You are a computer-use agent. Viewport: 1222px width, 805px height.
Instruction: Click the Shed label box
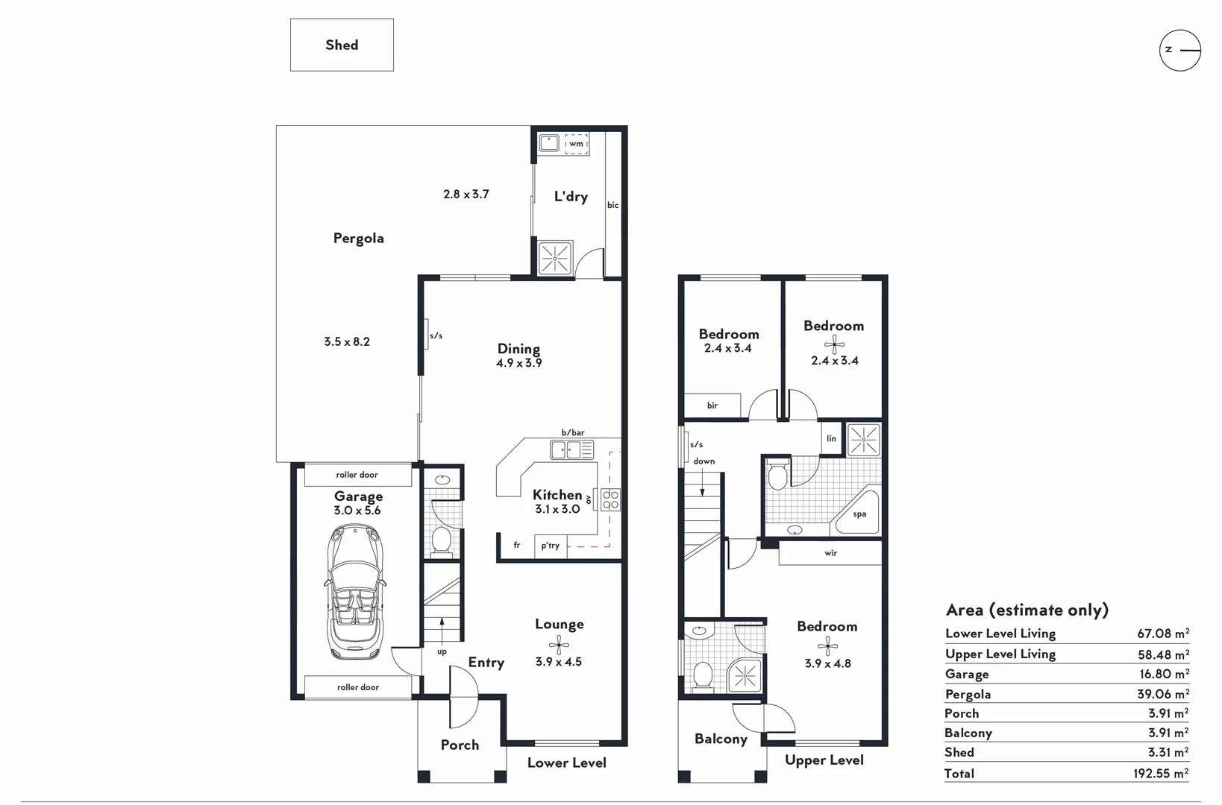[342, 45]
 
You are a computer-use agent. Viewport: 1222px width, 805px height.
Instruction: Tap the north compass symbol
[1180, 50]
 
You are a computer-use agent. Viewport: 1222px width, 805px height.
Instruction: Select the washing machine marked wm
[576, 144]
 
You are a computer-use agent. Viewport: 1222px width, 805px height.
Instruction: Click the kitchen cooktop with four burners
[610, 499]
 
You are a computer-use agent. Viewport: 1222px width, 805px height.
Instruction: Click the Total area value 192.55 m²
[1161, 774]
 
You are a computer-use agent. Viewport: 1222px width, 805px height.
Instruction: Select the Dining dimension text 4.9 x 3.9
[518, 363]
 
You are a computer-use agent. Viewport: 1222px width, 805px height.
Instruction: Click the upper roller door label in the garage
[357, 475]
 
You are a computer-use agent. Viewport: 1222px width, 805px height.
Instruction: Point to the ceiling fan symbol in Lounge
[560, 645]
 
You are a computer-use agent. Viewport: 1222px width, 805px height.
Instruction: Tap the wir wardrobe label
[831, 552]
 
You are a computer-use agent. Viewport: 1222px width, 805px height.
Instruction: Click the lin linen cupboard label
[831, 438]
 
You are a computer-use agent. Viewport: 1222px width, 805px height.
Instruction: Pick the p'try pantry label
[551, 546]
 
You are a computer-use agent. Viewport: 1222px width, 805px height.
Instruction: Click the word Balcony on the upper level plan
[721, 739]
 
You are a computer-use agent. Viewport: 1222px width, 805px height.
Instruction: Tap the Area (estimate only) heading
[1027, 610]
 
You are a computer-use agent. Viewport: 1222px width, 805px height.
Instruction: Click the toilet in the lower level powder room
[442, 540]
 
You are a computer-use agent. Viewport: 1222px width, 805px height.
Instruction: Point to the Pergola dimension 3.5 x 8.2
[347, 341]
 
